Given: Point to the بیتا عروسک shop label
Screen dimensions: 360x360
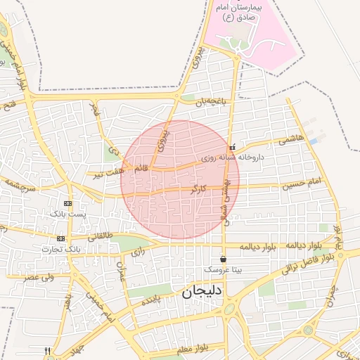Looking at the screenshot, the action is coord(222,269).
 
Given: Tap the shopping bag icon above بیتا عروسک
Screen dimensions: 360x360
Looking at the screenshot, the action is coord(223,259).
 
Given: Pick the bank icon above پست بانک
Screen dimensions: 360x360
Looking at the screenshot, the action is coord(67,202).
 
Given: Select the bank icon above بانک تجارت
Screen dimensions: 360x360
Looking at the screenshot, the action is coord(60,238).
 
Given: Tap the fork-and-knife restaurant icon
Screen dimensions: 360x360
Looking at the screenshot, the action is coord(48,350).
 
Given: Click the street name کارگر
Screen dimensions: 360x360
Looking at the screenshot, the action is coord(198,189).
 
